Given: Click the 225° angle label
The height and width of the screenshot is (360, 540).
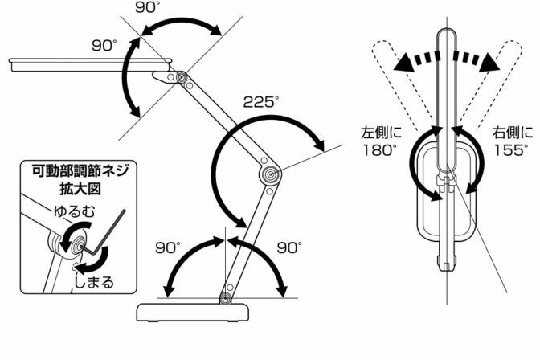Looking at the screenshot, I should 261,103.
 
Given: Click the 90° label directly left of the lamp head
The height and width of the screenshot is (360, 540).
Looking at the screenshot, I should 104,46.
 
